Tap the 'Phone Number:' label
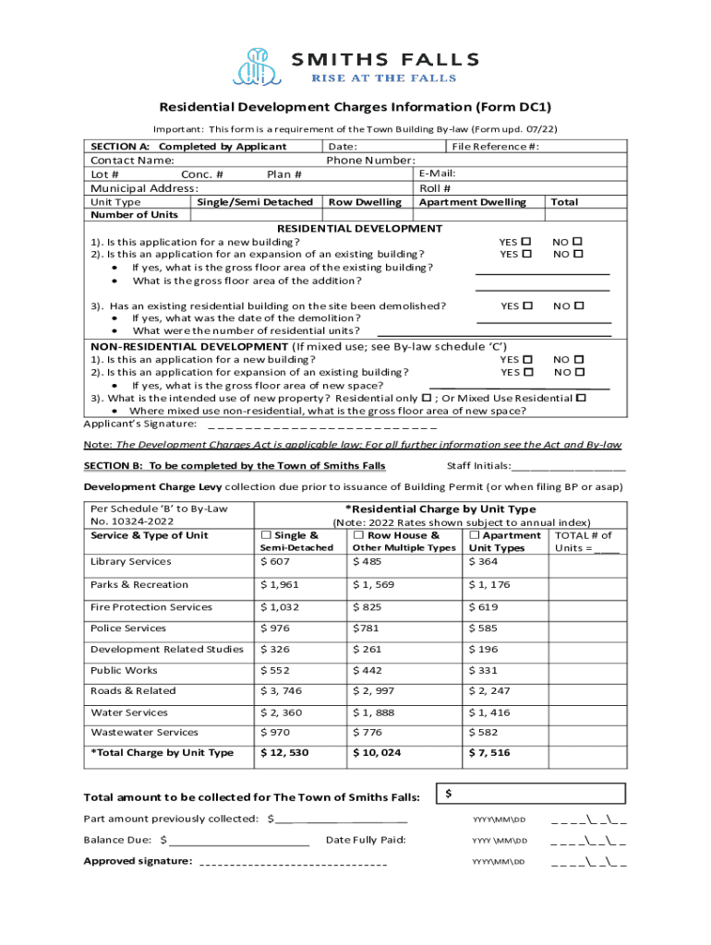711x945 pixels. coord(370,161)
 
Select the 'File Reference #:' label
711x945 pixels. coord(495,147)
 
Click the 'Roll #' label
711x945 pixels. coord(435,188)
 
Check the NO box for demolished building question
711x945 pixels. coord(579,305)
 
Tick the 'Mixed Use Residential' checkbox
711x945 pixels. coord(581,398)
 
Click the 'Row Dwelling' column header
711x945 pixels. coord(365,202)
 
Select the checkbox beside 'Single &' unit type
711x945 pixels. coord(267,535)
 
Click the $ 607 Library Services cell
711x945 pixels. coord(276,561)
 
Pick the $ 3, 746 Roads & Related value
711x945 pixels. coord(282,690)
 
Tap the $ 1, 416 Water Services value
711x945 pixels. coord(489,712)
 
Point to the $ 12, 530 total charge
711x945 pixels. coord(284,753)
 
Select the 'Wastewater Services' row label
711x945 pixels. coord(144,733)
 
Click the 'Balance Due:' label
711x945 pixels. coord(118,840)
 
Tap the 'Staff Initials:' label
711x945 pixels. coord(477,466)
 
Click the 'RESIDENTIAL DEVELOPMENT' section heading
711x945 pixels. coord(360,228)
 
